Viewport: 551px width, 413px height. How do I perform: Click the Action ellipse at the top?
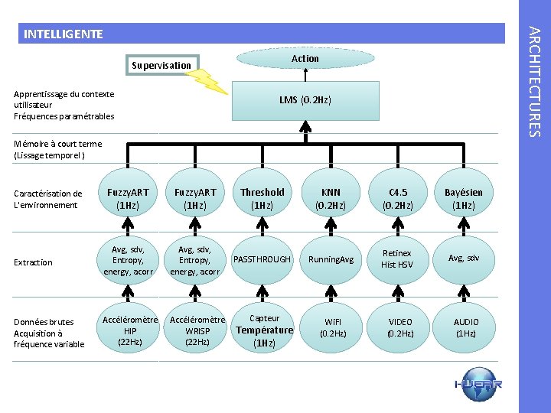[x=305, y=58]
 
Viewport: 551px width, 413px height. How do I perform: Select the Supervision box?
[x=161, y=65]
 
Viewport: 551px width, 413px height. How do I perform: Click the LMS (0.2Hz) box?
[x=305, y=100]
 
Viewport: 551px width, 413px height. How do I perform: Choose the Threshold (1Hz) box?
[x=262, y=199]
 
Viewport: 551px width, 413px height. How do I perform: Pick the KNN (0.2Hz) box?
[x=331, y=199]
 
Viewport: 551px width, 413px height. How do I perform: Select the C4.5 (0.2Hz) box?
[x=398, y=199]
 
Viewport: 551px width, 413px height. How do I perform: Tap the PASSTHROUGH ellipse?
[x=262, y=259]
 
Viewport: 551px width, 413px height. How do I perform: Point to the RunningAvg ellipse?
[x=331, y=259]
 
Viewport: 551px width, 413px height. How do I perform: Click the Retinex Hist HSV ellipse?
[x=398, y=259]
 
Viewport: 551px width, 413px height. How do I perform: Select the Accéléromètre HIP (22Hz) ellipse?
[x=129, y=330]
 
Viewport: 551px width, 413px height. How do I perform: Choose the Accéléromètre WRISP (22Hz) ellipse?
[x=197, y=330]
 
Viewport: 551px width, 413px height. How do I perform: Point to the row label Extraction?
[x=33, y=262]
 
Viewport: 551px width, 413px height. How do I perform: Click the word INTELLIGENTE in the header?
[x=63, y=34]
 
